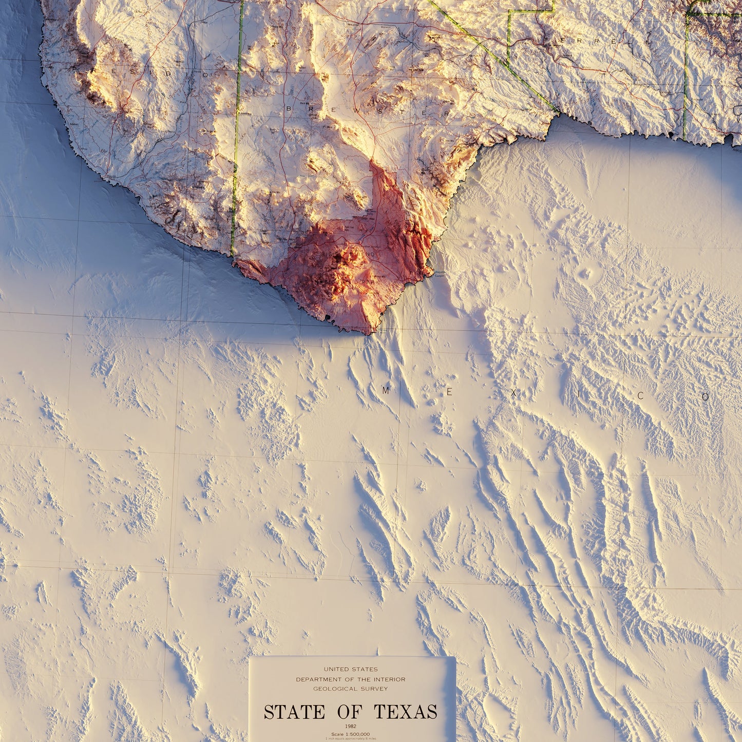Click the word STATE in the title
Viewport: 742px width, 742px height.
point(294,712)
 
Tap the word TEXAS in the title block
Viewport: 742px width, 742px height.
point(406,712)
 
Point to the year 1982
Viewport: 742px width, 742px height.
point(351,726)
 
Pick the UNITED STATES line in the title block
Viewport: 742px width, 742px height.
point(351,670)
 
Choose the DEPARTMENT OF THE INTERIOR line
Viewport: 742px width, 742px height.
point(351,679)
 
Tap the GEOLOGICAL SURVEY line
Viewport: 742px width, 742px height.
point(351,689)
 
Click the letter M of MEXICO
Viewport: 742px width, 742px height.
point(386,391)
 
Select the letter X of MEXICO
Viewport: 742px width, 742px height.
point(513,394)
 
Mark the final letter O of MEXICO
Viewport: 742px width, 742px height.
point(706,397)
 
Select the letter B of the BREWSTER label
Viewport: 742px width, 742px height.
point(289,108)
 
